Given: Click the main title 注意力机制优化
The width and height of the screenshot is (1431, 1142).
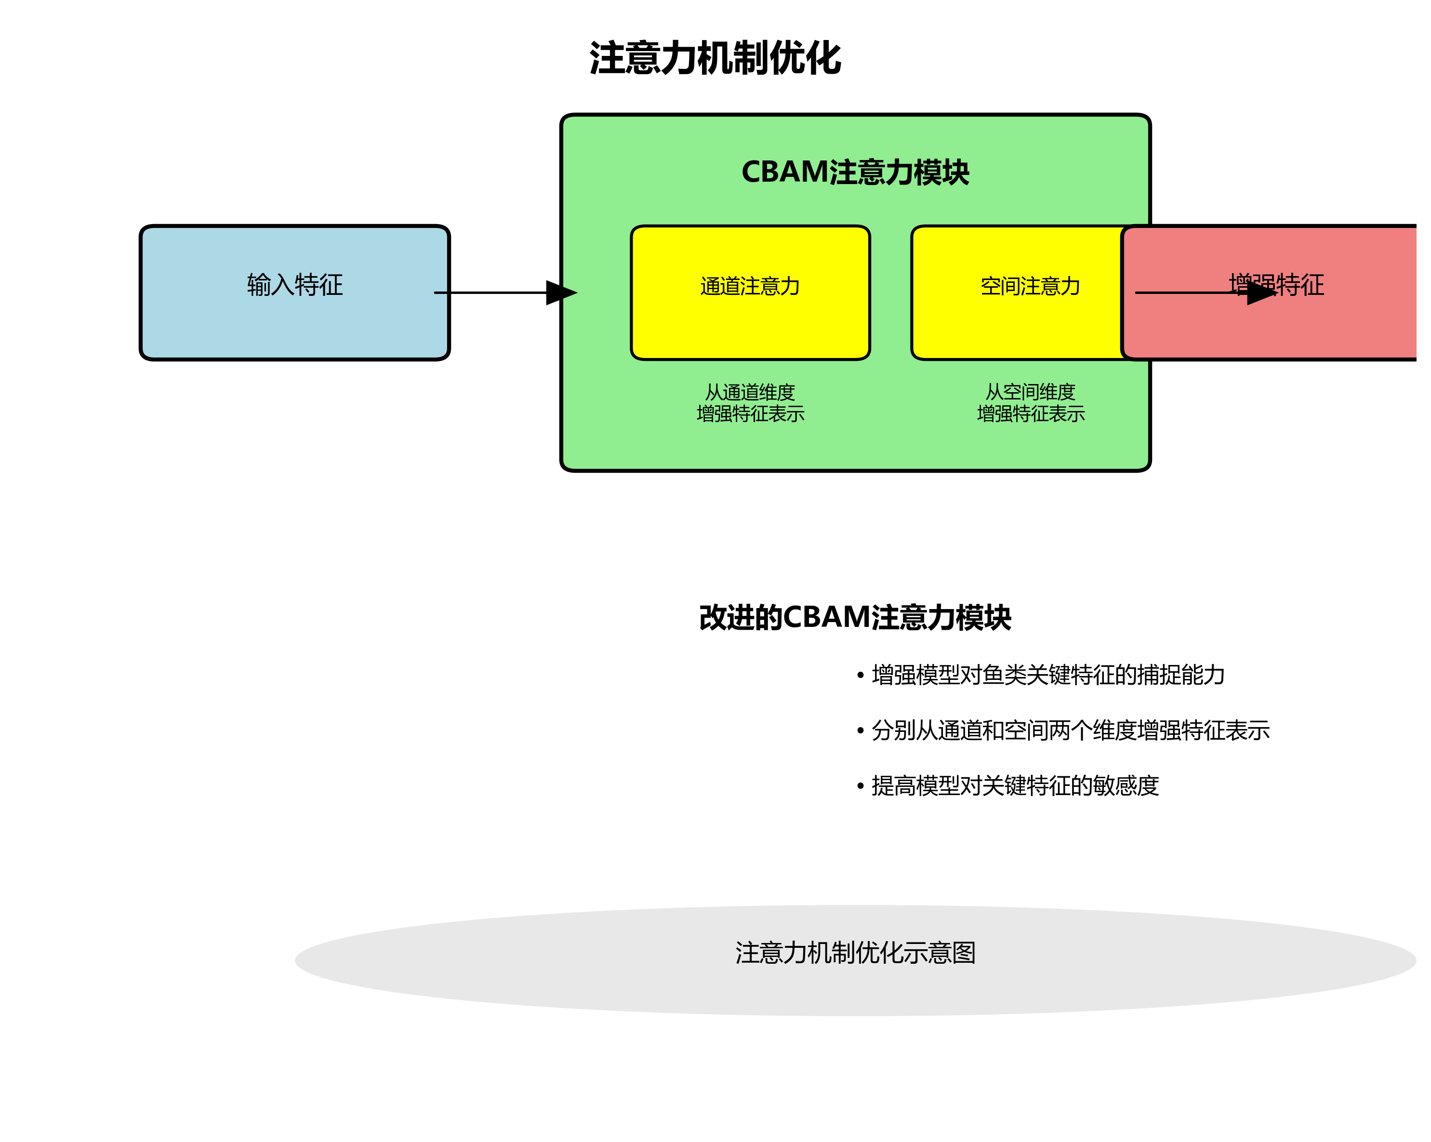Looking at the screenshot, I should click(715, 58).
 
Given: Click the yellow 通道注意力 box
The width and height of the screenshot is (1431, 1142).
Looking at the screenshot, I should click(750, 325).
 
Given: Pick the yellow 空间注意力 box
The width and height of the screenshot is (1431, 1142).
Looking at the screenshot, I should click(1016, 325).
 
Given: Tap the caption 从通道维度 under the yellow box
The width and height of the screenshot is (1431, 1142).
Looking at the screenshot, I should click(750, 392).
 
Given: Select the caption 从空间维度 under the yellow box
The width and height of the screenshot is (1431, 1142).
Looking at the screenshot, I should click(1030, 392).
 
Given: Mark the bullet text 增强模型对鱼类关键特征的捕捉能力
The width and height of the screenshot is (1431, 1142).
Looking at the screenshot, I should click(1048, 675).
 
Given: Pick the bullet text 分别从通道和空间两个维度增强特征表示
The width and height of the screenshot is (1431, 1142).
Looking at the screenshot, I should click(1070, 730).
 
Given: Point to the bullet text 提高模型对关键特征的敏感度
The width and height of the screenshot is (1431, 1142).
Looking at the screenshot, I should click(1015, 785).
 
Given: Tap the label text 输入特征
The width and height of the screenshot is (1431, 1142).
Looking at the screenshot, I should click(295, 285).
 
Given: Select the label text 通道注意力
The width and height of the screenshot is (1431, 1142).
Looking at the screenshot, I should click(750, 286).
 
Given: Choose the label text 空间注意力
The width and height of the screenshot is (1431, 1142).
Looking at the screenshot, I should click(1030, 286).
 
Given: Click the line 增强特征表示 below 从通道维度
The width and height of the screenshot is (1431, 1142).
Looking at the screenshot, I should click(750, 413).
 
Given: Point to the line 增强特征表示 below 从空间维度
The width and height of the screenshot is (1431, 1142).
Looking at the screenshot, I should click(1030, 413).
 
